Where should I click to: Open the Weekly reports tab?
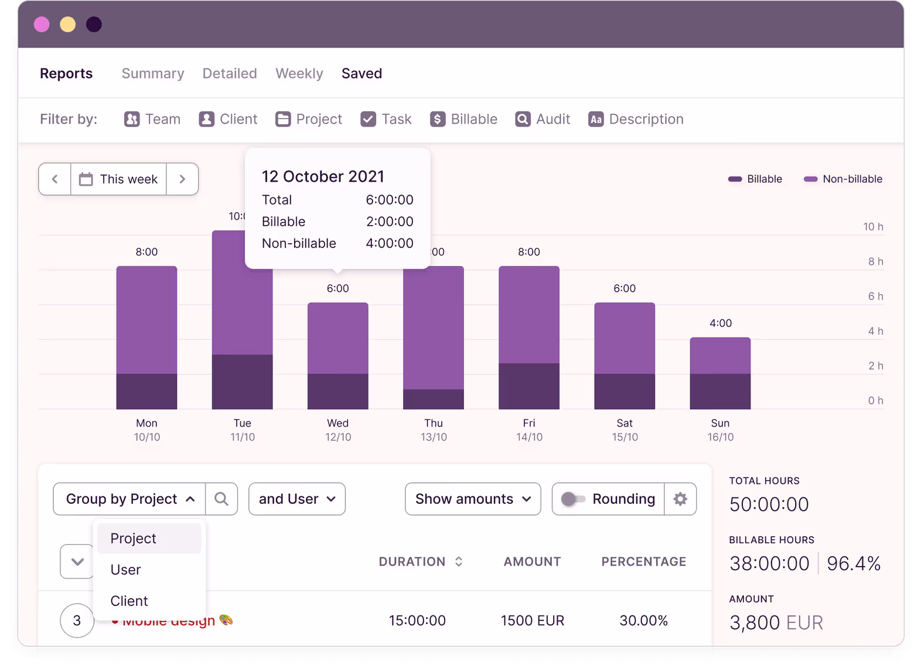pyautogui.click(x=299, y=73)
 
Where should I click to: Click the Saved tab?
pyautogui.click(x=361, y=73)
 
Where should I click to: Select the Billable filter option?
pyautogui.click(x=463, y=119)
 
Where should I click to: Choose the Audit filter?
pyautogui.click(x=543, y=119)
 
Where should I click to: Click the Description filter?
pyautogui.click(x=636, y=119)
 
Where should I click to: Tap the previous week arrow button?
pyautogui.click(x=55, y=179)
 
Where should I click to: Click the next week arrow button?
pyautogui.click(x=182, y=179)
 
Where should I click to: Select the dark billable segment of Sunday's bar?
pyautogui.click(x=720, y=391)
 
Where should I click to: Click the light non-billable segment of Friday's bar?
pyautogui.click(x=528, y=314)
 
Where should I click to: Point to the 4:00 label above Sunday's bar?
pyautogui.click(x=720, y=323)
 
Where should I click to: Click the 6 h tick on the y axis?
pyautogui.click(x=875, y=296)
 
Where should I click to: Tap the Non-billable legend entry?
pyautogui.click(x=843, y=179)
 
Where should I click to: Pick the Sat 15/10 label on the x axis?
pyautogui.click(x=625, y=430)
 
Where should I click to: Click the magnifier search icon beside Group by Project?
pyautogui.click(x=221, y=499)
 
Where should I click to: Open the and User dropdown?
pyautogui.click(x=297, y=499)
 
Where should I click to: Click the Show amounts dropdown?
pyautogui.click(x=473, y=499)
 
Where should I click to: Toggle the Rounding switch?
pyautogui.click(x=572, y=499)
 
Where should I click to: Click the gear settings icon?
pyautogui.click(x=680, y=499)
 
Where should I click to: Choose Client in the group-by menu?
pyautogui.click(x=129, y=601)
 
